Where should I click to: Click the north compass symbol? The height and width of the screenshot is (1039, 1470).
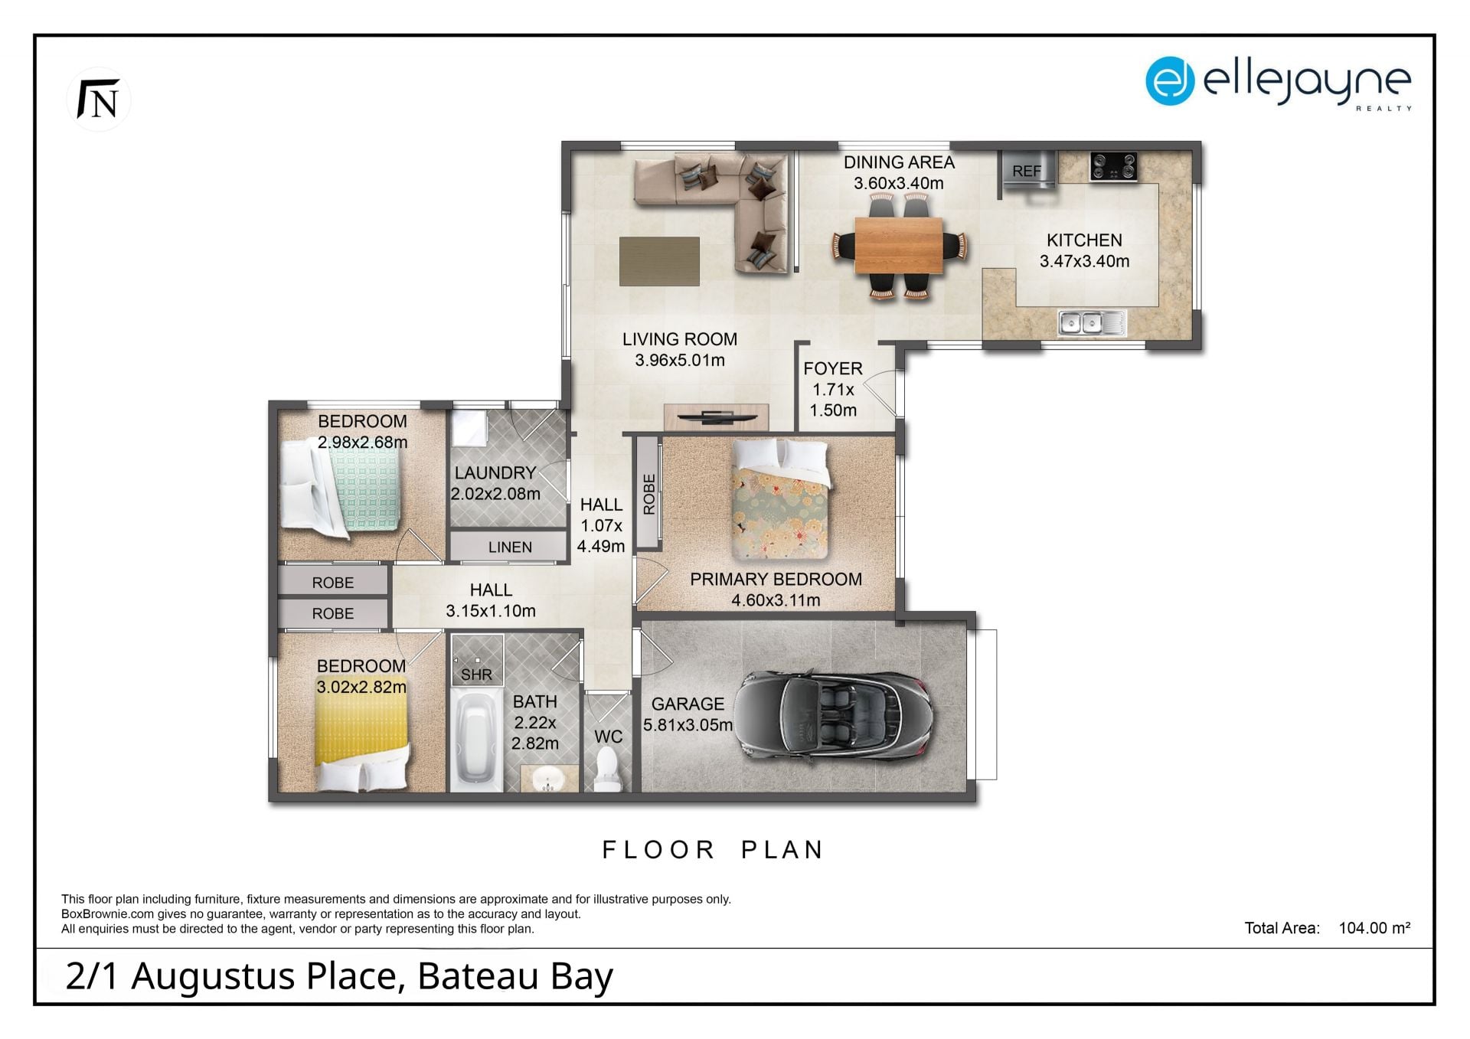[x=99, y=100]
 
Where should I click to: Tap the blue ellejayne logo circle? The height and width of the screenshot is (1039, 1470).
[x=1169, y=80]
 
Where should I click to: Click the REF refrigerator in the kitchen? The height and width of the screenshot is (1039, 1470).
[x=1028, y=170]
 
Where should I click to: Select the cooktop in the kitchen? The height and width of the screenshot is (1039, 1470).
[x=1112, y=167]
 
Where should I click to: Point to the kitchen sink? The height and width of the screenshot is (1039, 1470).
[x=1092, y=322]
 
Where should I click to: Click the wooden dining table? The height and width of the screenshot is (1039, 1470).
[x=898, y=245]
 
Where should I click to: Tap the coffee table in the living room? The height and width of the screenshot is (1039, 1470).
[x=659, y=261]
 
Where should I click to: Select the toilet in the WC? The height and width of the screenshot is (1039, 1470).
[x=607, y=769]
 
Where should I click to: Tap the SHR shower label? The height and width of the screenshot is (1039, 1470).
[x=476, y=675]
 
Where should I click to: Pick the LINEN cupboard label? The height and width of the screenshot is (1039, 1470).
[x=510, y=547]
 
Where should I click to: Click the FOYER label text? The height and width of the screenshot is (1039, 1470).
[x=833, y=368]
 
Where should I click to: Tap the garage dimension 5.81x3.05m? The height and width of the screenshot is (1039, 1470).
[x=688, y=724]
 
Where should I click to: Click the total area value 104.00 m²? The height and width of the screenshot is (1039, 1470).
[x=1374, y=928]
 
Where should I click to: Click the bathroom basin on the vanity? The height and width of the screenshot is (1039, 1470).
[x=547, y=779]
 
